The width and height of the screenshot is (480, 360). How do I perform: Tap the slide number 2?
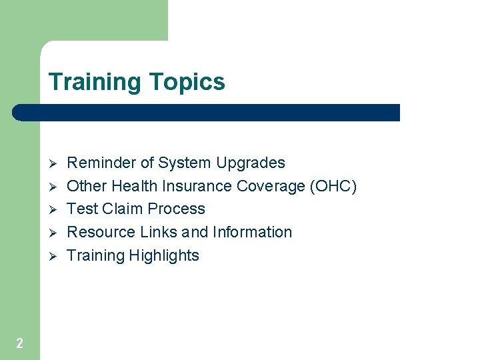click(x=19, y=343)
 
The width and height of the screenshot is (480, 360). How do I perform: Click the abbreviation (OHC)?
click(x=333, y=186)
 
